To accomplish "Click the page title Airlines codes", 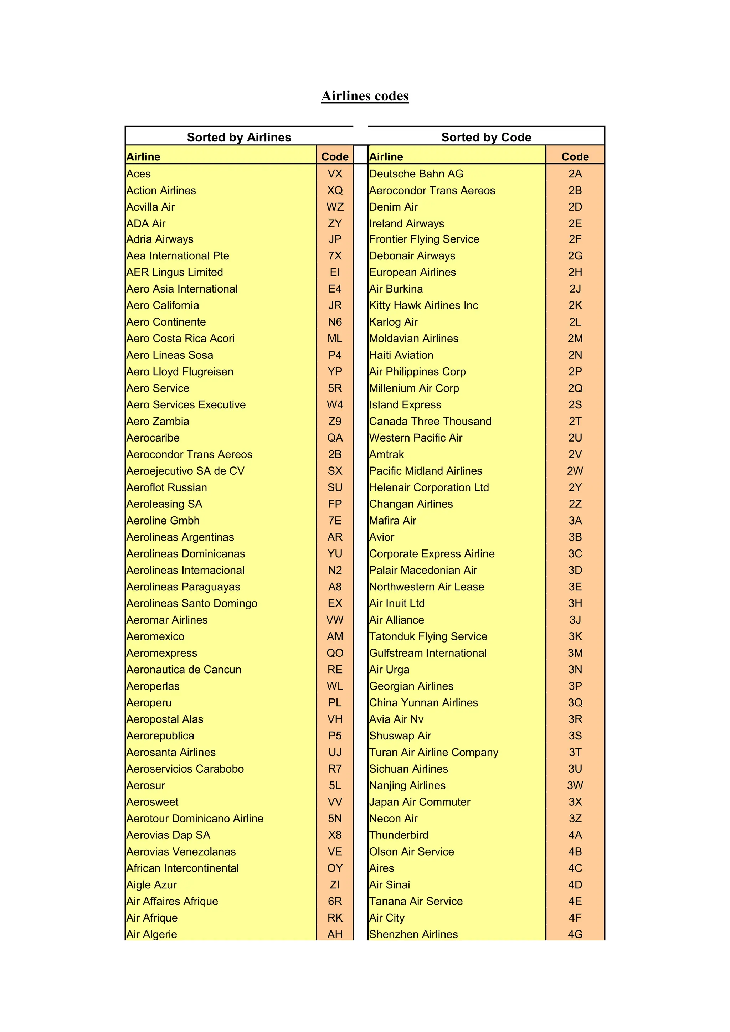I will (365, 96).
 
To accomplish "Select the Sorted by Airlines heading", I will (239, 137).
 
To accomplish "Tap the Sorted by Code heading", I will (486, 137).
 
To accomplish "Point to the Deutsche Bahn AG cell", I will (416, 174).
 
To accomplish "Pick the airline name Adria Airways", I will (160, 239).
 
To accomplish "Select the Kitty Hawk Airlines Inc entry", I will (423, 306).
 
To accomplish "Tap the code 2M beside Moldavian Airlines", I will (575, 339).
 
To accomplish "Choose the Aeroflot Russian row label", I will (167, 488).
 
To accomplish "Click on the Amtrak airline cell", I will (387, 454).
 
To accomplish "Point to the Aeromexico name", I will (155, 636).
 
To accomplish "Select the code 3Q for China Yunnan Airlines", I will (575, 702).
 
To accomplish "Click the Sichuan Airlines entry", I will (408, 769).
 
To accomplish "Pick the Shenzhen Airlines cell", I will (413, 934).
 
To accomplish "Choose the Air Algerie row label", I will (152, 934).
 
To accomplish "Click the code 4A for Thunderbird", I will (575, 835).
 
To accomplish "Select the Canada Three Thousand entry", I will (430, 421).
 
